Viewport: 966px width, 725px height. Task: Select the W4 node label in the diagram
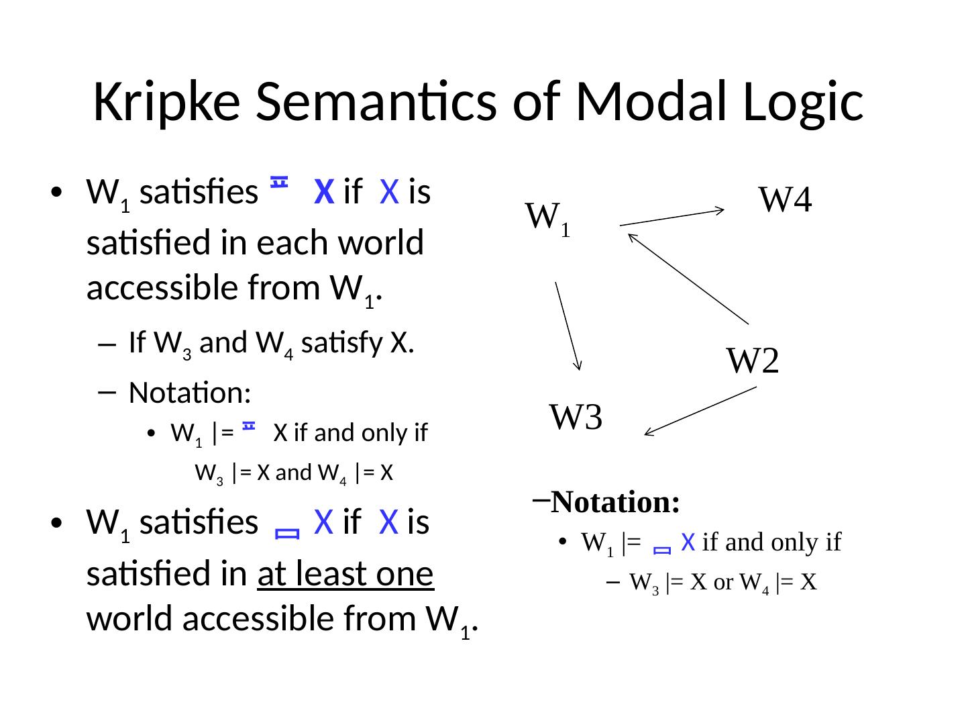786,199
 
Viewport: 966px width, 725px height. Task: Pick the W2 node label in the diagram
753,362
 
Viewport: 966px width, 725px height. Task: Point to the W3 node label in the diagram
575,417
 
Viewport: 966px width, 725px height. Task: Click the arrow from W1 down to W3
568,326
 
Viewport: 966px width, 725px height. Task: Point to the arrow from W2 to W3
700,411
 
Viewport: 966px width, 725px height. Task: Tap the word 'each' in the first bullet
287,243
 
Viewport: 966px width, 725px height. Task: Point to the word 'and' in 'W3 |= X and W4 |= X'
289,474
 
